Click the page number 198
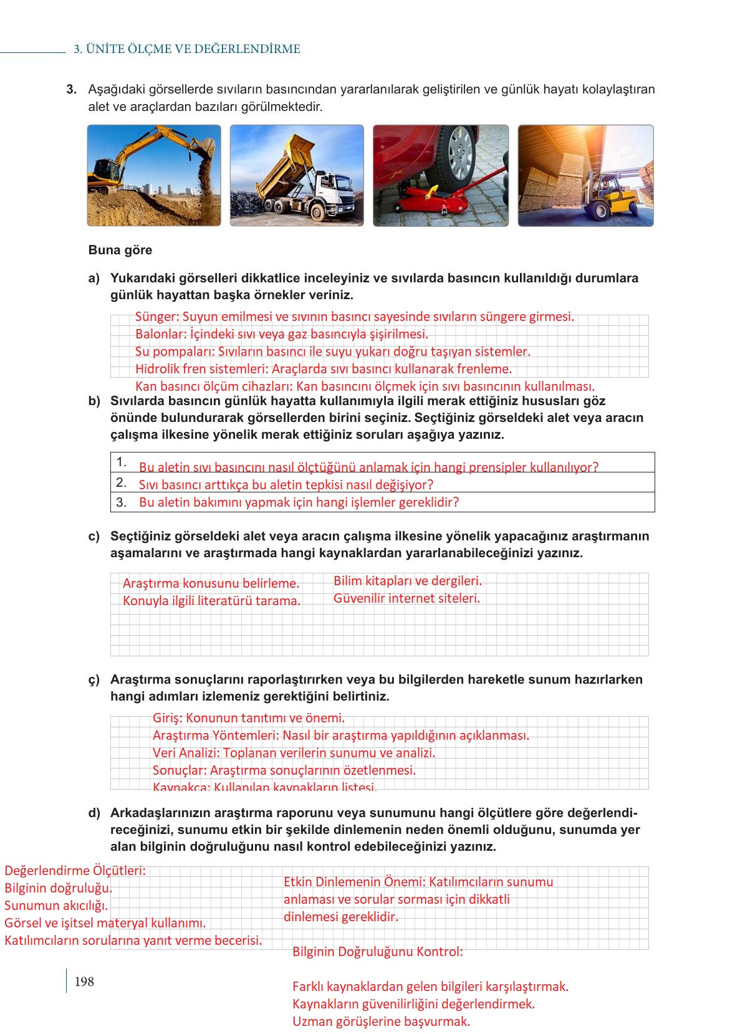(x=84, y=982)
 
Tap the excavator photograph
(x=154, y=175)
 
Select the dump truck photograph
(x=297, y=175)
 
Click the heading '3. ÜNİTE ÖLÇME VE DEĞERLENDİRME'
(x=187, y=49)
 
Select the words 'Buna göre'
(x=120, y=250)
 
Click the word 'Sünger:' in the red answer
(x=156, y=317)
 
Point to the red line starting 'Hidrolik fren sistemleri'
(x=323, y=369)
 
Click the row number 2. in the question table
(x=122, y=482)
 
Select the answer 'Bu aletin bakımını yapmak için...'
(x=299, y=502)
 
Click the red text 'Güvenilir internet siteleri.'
(x=406, y=598)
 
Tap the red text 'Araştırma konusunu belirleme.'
(x=211, y=583)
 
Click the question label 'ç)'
(x=94, y=679)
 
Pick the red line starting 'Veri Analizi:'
(x=294, y=753)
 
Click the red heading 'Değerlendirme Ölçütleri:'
(x=75, y=870)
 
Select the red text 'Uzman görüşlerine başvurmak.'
(x=381, y=1022)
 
